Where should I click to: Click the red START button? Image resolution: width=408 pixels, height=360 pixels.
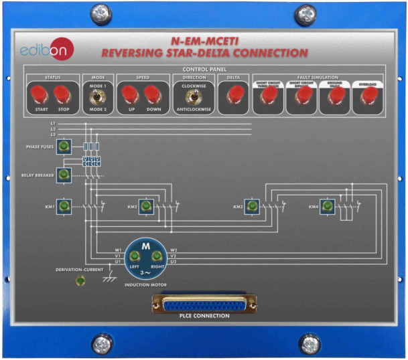[x=36, y=95]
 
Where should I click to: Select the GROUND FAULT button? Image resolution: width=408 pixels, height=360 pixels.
[x=334, y=96]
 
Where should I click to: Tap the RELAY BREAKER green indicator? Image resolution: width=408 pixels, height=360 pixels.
[x=64, y=175]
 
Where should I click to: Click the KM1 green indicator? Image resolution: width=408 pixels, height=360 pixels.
[x=64, y=206]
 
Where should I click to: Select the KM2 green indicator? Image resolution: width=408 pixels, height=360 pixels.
[x=146, y=206]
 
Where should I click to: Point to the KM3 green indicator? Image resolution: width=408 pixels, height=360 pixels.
[x=252, y=206]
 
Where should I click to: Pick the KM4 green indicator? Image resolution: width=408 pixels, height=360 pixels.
[x=328, y=206]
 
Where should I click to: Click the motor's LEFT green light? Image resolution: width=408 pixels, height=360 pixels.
[x=135, y=256]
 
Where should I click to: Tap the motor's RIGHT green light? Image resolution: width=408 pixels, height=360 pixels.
[x=158, y=256]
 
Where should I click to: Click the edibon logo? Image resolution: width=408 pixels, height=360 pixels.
[x=47, y=50]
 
